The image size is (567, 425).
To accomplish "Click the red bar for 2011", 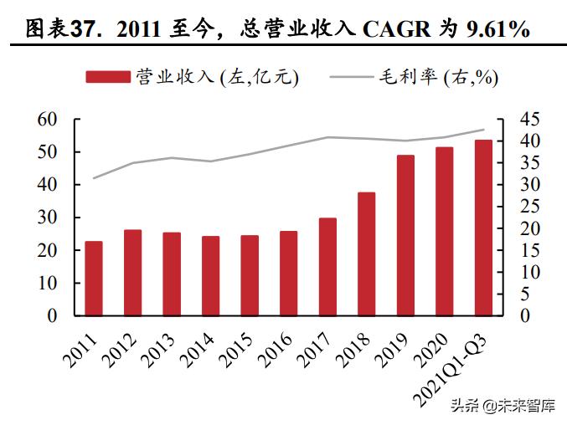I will click(94, 279).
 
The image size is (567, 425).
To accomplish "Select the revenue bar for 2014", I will click(210, 276).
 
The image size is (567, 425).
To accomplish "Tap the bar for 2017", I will click(327, 267).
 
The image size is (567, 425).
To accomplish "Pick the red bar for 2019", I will click(405, 235).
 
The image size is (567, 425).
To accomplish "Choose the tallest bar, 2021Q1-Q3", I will click(483, 228).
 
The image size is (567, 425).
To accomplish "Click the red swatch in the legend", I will click(108, 77).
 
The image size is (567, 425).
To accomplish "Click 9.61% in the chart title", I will click(493, 29).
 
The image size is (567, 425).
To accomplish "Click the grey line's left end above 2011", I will click(94, 178).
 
